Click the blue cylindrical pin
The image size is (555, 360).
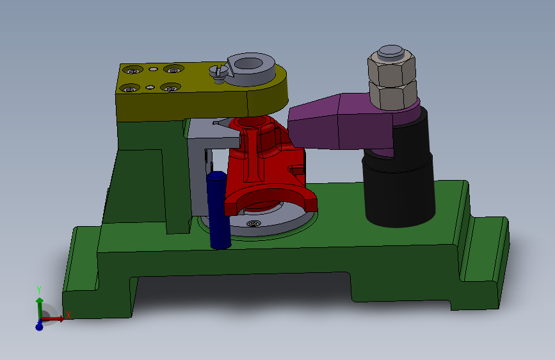[x=218, y=209]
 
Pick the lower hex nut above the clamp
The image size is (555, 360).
[x=393, y=95]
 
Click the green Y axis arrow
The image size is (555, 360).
[x=39, y=307]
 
